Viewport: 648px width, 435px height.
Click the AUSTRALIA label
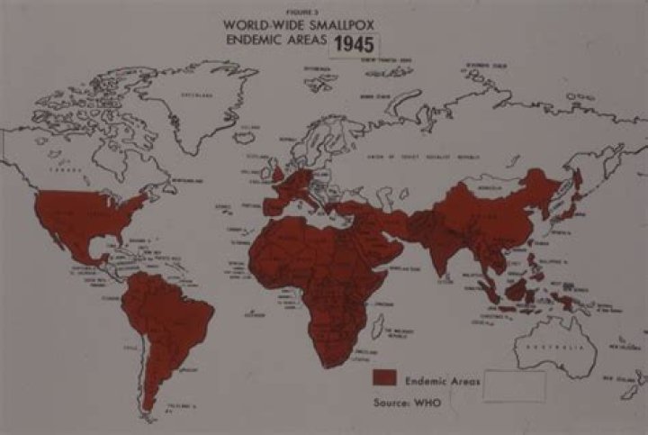tap(547, 346)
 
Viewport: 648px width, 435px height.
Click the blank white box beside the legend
tap(515, 385)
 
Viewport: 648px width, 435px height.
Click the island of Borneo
tap(516, 288)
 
